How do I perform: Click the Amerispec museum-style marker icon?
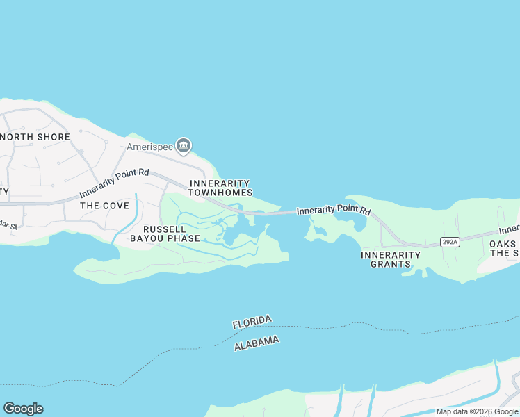pos(184,146)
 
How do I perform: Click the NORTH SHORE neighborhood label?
pos(35,137)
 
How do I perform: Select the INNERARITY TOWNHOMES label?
pos(220,188)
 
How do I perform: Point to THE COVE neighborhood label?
pos(104,206)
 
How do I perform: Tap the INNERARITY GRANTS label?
pos(391,259)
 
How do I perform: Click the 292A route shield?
pos(450,242)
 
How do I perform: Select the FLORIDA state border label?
pos(252,322)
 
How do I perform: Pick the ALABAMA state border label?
pos(257,343)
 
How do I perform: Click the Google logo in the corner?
pos(23,409)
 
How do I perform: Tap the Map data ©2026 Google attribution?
pos(478,411)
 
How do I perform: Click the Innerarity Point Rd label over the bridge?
pos(334,209)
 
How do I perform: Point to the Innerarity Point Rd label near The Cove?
pos(114,183)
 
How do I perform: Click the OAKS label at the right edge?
pos(503,244)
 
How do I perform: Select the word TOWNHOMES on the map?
pos(220,193)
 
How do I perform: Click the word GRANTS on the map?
pos(391,264)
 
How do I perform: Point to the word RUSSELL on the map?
pos(165,229)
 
